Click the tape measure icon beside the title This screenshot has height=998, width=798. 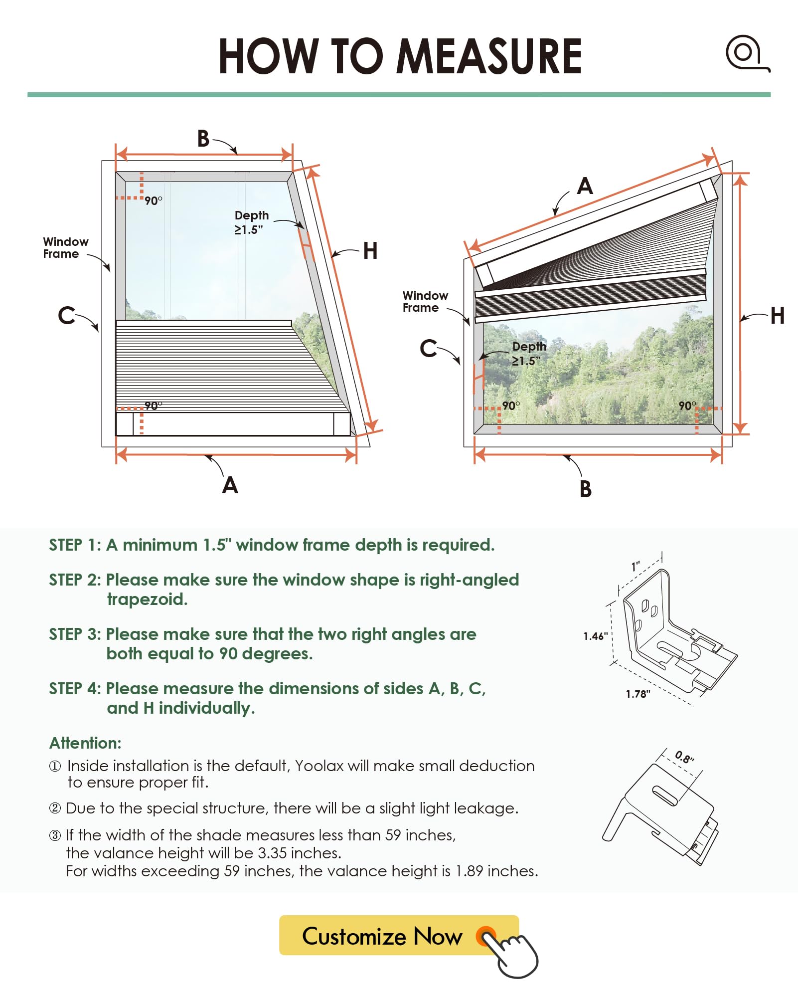pos(747,53)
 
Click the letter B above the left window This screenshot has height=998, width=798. pos(203,139)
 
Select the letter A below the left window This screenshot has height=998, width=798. pos(230,485)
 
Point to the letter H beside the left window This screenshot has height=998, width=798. pos(370,251)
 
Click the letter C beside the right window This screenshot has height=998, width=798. pos(428,348)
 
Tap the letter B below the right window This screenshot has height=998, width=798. pos(586,489)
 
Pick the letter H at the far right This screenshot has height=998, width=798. pos(777,316)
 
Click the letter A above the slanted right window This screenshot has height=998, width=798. pos(585,187)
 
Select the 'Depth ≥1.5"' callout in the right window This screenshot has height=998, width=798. pos(528,354)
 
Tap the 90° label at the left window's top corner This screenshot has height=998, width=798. pos(154,200)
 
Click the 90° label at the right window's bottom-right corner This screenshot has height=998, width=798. pos(687,406)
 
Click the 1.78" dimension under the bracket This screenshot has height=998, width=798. pos(638,694)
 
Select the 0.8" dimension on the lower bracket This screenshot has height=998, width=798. pos(684,757)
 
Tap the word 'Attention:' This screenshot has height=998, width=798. pos(85,743)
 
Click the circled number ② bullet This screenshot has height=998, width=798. pos(55,808)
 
